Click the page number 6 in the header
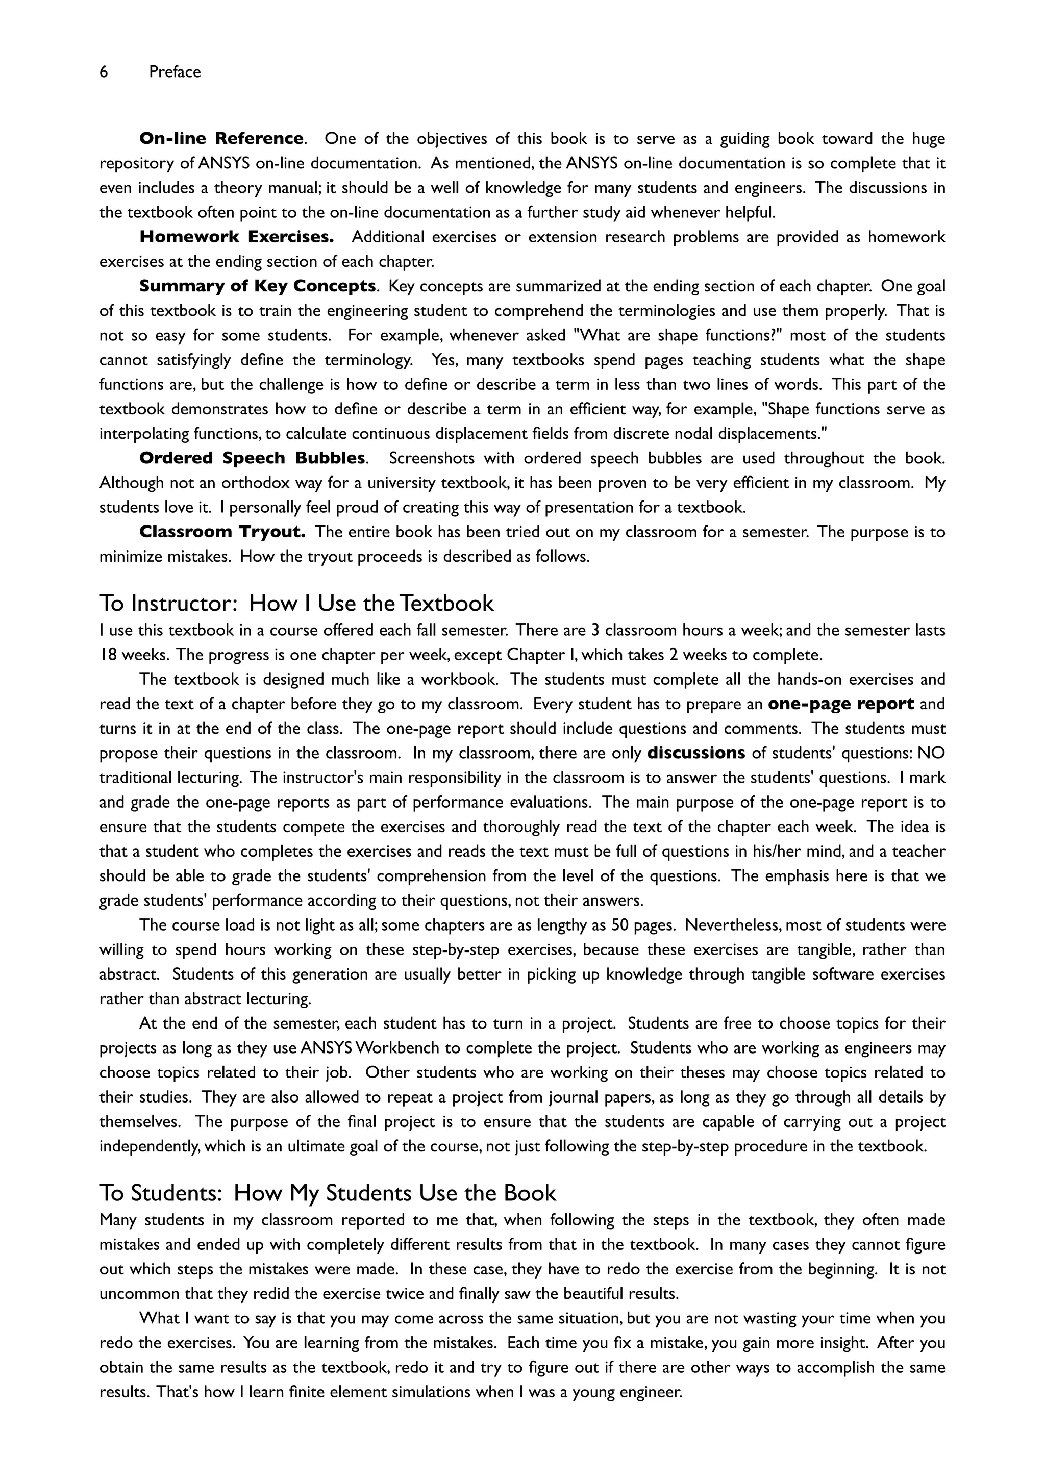104,72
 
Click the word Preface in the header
175,72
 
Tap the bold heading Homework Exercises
236,237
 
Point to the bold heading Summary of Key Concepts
258,286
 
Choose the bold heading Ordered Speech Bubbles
253,458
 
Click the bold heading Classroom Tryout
222,532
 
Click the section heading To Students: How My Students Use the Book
328,1193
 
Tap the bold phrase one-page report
841,704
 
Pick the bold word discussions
696,753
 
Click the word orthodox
254,483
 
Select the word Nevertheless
733,925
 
